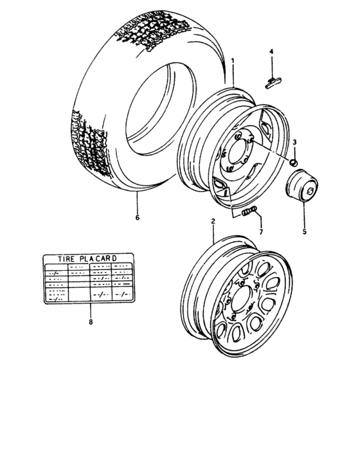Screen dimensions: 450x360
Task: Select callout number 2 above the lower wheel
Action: click(x=212, y=221)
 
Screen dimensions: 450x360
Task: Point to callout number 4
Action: click(x=271, y=51)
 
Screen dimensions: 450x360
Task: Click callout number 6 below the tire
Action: click(x=137, y=217)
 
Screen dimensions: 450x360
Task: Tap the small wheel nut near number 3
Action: click(x=292, y=161)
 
